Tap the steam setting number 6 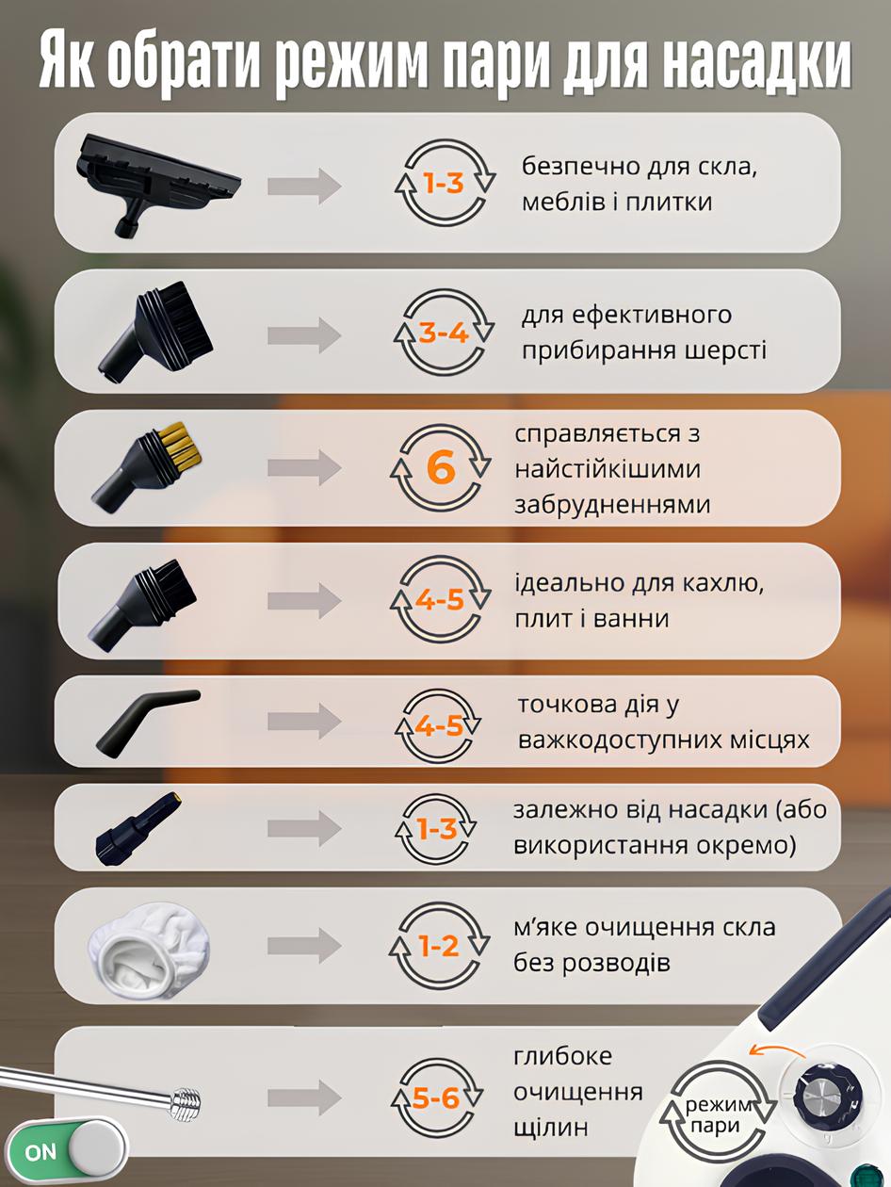pos(441,468)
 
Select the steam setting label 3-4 pos(444,333)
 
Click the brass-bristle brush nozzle pos(147,466)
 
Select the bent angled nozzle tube pos(147,722)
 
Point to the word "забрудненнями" pos(612,504)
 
